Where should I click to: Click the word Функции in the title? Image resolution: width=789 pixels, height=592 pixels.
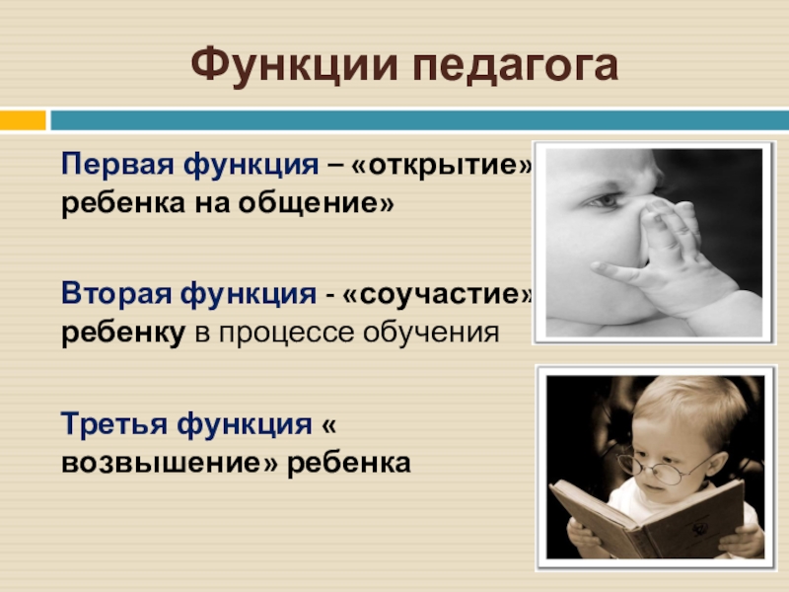[x=294, y=66]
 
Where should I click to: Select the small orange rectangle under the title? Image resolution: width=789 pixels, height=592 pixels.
[x=23, y=120]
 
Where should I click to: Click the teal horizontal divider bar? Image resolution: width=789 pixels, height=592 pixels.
[x=420, y=120]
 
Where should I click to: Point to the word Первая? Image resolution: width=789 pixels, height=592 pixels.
[x=117, y=164]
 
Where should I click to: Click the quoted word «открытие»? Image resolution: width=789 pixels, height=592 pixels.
[x=442, y=164]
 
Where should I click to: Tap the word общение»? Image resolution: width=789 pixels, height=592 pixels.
[x=316, y=203]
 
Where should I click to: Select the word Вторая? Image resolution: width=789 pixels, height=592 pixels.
[x=116, y=293]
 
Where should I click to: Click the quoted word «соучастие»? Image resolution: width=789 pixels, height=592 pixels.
[x=437, y=294]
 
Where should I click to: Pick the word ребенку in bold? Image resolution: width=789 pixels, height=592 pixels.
[x=123, y=333]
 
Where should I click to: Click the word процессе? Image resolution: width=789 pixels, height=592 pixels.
[x=286, y=333]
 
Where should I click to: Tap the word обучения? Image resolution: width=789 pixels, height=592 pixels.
[x=431, y=333]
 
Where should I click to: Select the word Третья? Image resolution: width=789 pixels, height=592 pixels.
[x=114, y=424]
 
